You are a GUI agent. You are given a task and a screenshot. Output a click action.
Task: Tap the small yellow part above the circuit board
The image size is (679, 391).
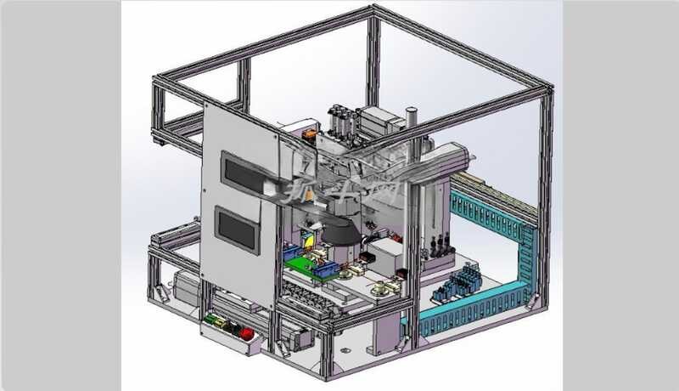[x=311, y=241]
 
